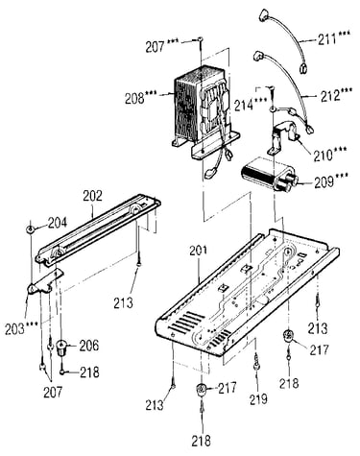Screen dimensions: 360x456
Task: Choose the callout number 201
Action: (x=199, y=251)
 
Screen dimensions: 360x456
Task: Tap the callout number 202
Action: (x=92, y=196)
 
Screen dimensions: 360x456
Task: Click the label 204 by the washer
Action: (x=58, y=223)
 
